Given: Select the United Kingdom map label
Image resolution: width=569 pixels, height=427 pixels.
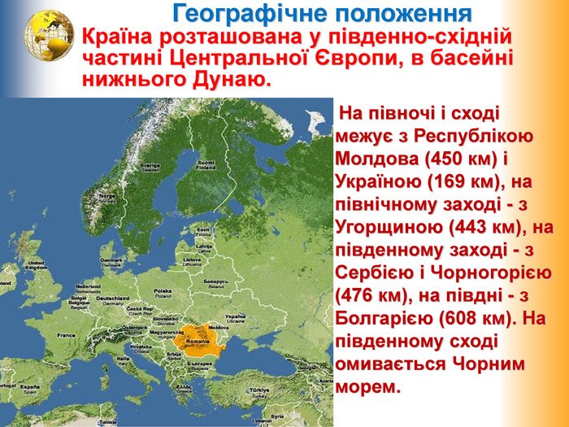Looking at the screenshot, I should click(36, 265).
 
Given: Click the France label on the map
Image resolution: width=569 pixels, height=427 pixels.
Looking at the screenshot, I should click(66, 335).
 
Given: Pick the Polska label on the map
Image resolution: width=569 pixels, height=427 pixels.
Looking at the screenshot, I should click(163, 290).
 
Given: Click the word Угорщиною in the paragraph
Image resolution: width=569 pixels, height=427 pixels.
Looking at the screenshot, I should click(384, 224).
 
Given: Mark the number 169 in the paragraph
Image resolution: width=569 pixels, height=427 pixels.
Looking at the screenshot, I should click(444, 180).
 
